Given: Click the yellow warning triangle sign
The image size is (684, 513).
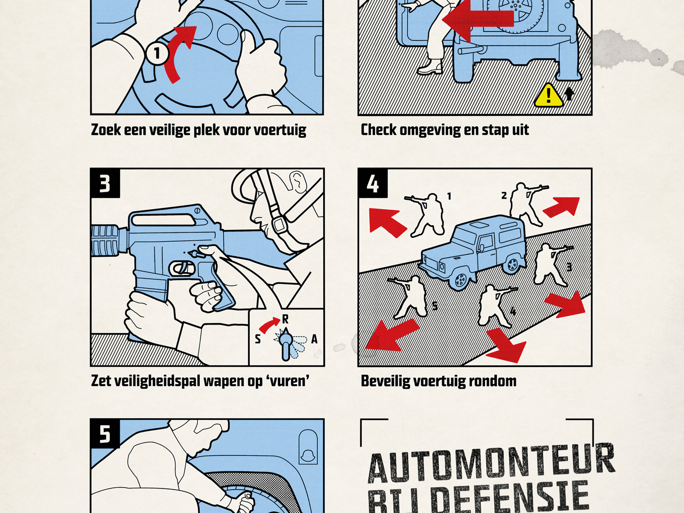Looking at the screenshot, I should pos(548,96).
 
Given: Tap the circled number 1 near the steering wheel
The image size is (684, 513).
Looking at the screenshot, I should pos(157,53).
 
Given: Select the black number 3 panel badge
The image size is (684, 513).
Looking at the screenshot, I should pos(105,184).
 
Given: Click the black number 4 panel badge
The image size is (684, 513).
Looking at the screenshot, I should pos(372,184).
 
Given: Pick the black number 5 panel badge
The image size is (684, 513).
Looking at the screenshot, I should pos(105,434).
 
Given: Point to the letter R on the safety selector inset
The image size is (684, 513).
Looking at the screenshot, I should pos(285,319).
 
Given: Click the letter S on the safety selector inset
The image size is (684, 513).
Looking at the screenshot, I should pos(258,339).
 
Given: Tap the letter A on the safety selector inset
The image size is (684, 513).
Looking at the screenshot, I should pos(314,339).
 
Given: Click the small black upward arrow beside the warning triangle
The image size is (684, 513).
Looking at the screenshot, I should pos(569,94).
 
